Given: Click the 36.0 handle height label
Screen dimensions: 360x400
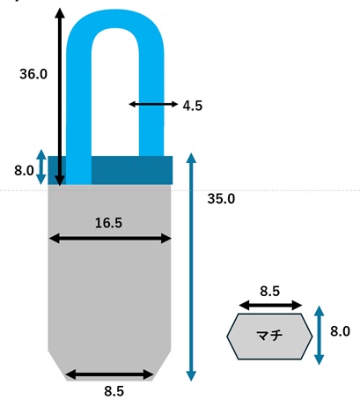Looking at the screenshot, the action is pos(33,74).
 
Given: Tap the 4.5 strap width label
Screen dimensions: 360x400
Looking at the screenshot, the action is pos(193,106).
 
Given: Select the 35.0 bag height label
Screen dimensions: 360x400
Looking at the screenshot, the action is pos(221,199).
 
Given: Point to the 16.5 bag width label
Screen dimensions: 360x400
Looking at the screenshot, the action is pos(108,223).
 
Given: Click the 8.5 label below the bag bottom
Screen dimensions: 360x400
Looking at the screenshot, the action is pos(114,391).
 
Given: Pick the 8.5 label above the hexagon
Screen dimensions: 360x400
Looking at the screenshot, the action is pos(270,292).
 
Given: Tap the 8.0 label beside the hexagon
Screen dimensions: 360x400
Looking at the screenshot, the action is pos(340,331).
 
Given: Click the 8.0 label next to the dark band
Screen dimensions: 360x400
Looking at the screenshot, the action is pos(24,170).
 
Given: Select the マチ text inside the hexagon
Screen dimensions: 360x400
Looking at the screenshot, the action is pos(269,336).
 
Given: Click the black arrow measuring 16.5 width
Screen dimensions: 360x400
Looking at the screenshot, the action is pos(110,239).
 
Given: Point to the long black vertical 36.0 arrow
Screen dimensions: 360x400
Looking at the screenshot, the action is pos(60,97).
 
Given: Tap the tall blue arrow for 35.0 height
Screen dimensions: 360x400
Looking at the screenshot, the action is pos(191,267).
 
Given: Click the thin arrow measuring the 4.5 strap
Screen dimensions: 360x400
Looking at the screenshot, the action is pos(153,104).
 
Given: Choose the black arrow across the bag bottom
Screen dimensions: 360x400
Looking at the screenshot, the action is pos(109,374).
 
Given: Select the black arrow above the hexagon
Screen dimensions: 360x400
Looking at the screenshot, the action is pos(270,306).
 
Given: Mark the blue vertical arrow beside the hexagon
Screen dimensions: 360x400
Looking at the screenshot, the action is pos(320,336).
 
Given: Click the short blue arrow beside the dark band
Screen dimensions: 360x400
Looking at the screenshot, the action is pos(41,167).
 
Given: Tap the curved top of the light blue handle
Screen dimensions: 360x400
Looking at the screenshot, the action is pos(115,19).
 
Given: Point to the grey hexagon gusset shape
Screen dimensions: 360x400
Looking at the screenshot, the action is pos(269,337).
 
